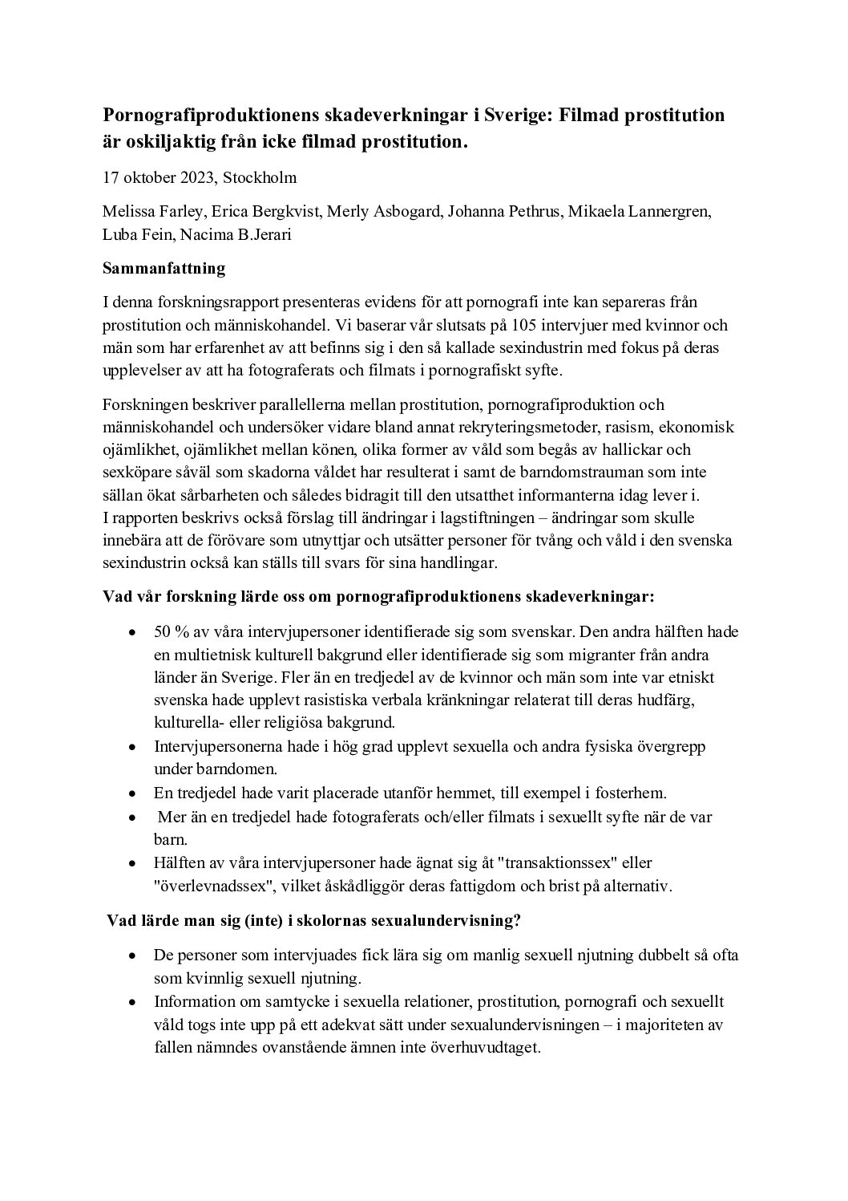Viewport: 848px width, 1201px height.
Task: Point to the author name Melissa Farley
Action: point(151,213)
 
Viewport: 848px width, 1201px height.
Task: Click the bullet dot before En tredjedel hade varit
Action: point(132,793)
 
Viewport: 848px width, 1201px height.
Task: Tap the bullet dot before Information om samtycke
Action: point(132,1002)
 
